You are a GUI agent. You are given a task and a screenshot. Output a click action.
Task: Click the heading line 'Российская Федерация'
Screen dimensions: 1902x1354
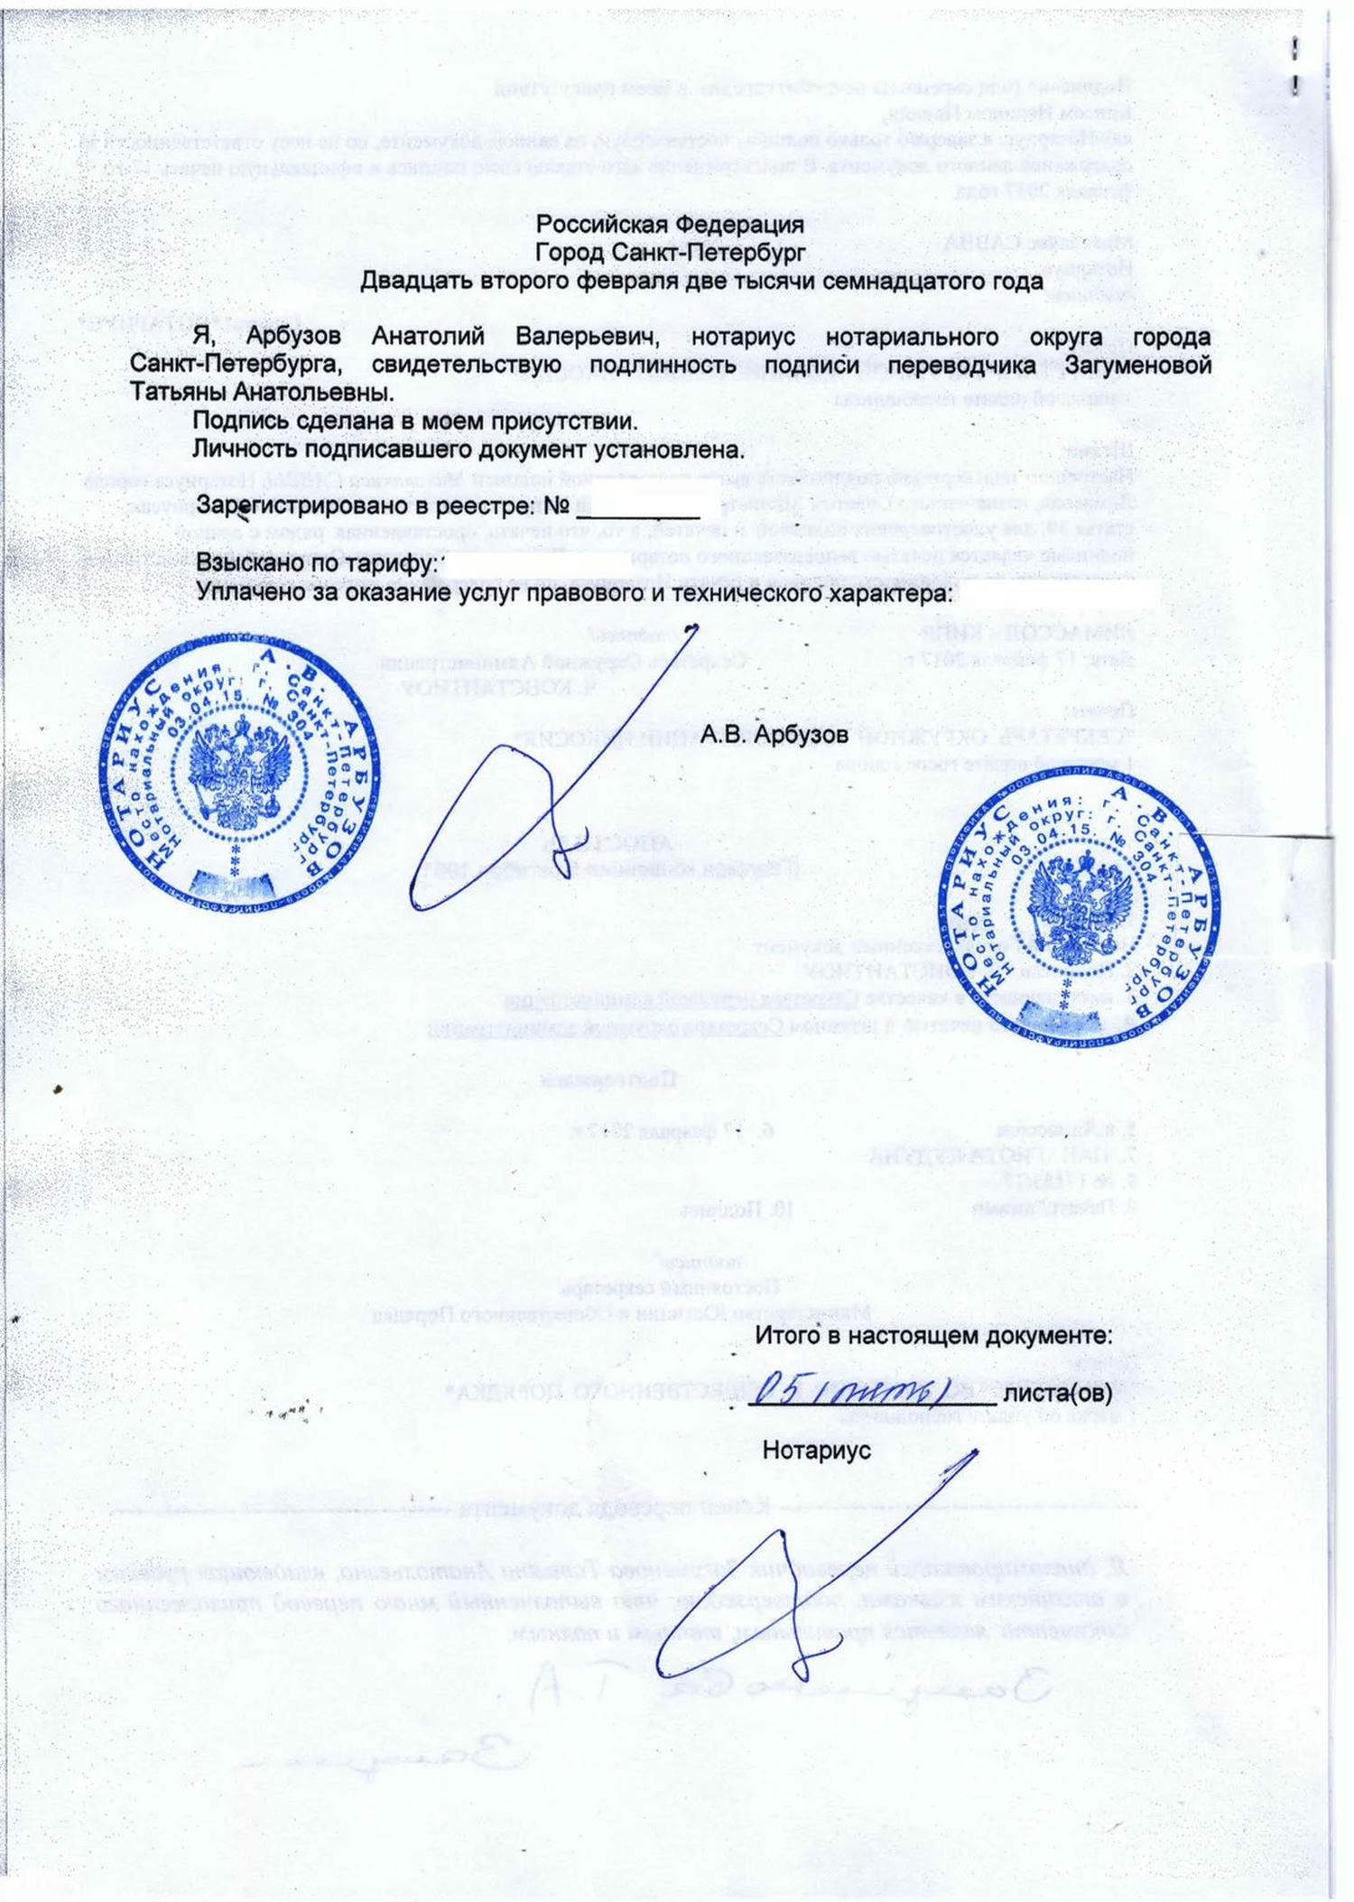point(669,224)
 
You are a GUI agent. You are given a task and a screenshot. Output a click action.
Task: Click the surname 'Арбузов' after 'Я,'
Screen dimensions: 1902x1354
point(294,337)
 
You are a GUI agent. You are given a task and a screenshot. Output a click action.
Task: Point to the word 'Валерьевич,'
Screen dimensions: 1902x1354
point(587,337)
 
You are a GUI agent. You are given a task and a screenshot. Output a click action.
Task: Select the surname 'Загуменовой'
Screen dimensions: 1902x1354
point(1138,366)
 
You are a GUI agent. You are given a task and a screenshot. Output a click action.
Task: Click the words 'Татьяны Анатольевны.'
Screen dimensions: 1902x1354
point(262,394)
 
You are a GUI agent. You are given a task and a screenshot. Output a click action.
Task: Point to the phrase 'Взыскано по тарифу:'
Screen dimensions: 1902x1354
point(317,564)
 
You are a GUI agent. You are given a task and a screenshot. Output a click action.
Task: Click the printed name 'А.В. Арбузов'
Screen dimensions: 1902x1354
point(774,735)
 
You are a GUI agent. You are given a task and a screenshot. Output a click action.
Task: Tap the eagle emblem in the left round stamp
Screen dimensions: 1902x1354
point(239,776)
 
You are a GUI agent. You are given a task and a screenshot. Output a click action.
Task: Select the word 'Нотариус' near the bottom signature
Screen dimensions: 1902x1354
point(816,1451)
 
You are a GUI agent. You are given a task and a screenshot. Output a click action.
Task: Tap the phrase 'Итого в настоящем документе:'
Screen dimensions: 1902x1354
point(932,1335)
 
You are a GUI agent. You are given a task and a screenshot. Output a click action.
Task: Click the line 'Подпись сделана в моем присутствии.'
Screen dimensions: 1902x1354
point(415,422)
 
